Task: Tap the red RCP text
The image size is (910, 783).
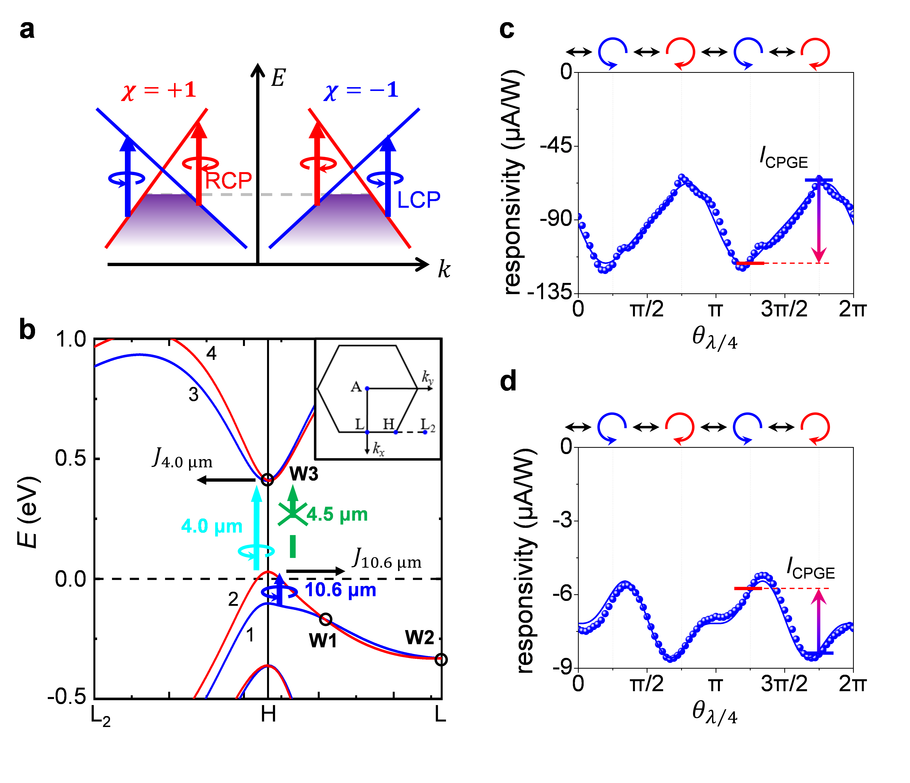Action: point(228,181)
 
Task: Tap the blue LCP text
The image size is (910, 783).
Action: point(419,200)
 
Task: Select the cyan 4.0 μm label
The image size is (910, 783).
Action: point(212,526)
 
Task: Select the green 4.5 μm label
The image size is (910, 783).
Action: point(337,514)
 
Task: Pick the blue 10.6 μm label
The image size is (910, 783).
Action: point(340,590)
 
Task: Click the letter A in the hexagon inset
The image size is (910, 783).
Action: point(356,387)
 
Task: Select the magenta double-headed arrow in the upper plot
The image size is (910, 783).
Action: point(819,222)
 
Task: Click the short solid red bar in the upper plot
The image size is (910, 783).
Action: point(750,263)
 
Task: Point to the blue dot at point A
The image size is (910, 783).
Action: point(367,388)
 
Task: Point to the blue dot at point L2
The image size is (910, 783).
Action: point(425,432)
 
